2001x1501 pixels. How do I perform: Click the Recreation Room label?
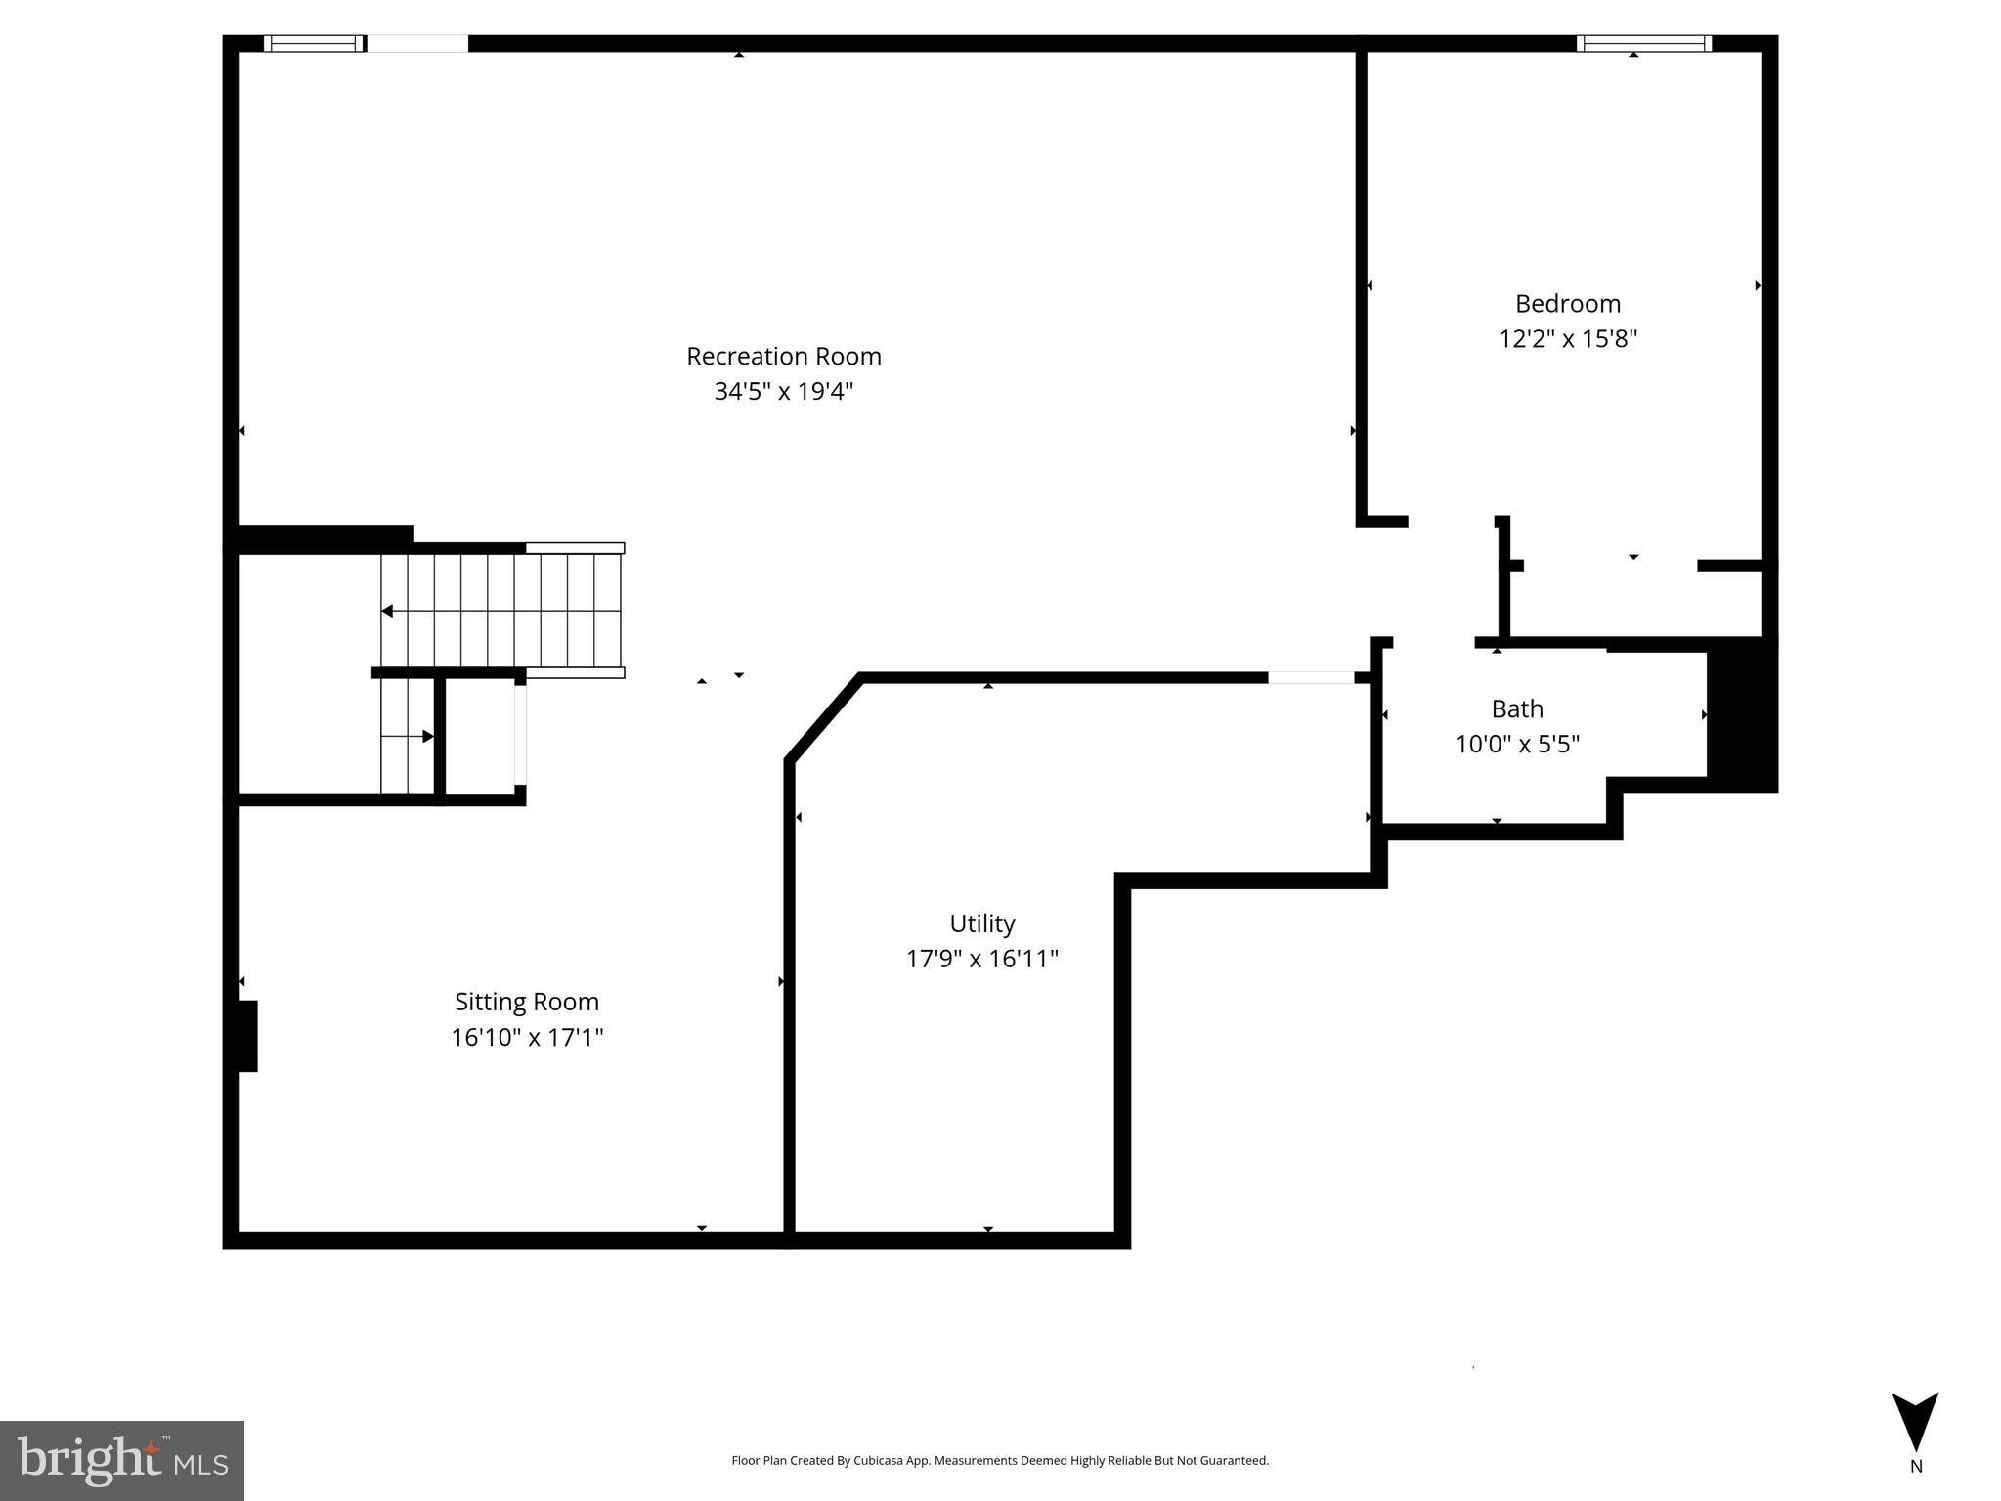(x=783, y=357)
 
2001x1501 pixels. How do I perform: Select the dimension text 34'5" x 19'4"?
(x=783, y=392)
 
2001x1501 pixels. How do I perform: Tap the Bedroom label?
(x=1567, y=304)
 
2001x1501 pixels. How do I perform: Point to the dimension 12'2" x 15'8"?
(x=1567, y=339)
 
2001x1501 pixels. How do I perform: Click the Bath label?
(x=1517, y=709)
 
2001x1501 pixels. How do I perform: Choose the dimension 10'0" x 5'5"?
(x=1517, y=745)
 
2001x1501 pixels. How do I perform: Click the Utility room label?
(x=981, y=923)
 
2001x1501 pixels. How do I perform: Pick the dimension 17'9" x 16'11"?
(x=981, y=959)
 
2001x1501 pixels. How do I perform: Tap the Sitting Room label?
(x=526, y=1002)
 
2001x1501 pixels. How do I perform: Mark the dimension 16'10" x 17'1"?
(x=526, y=1037)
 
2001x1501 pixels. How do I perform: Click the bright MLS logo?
(x=121, y=1460)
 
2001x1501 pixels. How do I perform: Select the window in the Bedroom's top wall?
(x=1643, y=43)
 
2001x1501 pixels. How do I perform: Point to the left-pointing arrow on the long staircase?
(x=388, y=611)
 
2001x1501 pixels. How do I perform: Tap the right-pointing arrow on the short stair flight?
(x=427, y=736)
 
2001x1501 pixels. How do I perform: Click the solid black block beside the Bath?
(x=1741, y=715)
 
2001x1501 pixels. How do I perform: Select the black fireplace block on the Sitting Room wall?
(x=248, y=1036)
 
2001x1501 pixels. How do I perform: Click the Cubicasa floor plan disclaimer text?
(x=999, y=1460)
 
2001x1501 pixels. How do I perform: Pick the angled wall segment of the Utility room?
(x=823, y=716)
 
